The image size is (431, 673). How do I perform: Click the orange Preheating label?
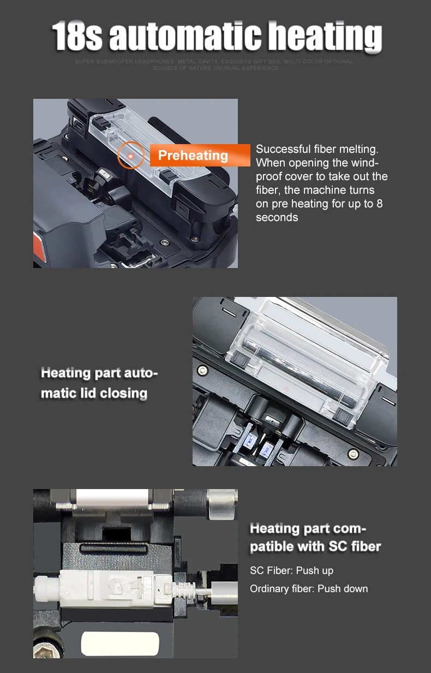coord(193,156)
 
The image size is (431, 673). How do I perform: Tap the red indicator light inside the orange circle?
coord(131,156)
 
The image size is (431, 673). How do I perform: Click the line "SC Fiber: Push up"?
coord(291,570)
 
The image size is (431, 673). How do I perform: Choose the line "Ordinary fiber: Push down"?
coord(309,588)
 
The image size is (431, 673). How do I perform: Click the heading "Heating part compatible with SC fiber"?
coord(315,537)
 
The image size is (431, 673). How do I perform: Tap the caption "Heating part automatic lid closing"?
coord(99,383)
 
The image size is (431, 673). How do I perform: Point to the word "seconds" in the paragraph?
coord(277,217)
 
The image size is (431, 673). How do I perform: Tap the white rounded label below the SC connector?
coord(120,644)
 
